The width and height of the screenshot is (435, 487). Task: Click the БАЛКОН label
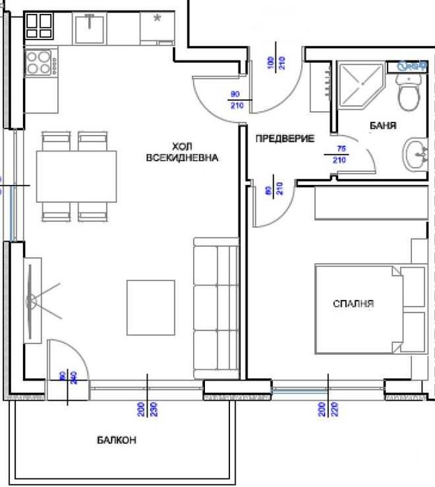coord(116,440)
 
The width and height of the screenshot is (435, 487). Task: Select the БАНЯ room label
coord(383,126)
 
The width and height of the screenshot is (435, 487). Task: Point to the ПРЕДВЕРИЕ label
coord(285,138)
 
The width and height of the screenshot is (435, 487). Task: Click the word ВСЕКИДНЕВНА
coord(183,158)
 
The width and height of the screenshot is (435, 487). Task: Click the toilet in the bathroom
coord(408,94)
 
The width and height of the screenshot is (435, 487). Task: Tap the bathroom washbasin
coord(417,153)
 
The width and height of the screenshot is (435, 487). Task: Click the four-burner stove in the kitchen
coord(42,63)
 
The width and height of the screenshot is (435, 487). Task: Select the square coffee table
coord(151,307)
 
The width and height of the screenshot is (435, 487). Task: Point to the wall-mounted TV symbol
coord(33,301)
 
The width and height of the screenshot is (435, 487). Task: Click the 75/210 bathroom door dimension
coord(341,154)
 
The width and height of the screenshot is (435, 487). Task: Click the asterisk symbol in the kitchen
coord(158,19)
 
